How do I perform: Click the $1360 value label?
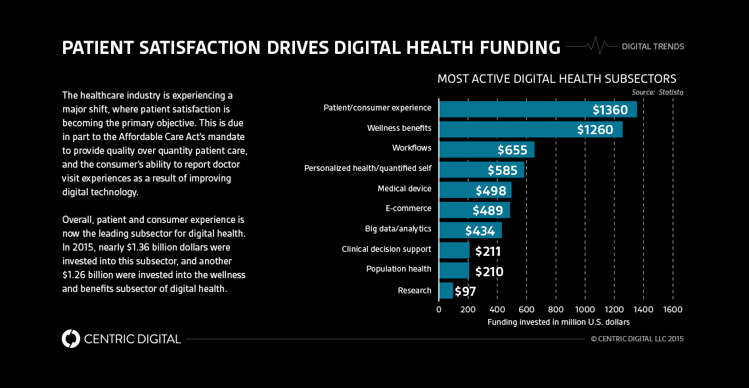[x=610, y=110]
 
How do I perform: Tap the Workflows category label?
[x=411, y=148]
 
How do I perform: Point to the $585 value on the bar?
[x=505, y=170]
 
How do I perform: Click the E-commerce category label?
[x=408, y=208]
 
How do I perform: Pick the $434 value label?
[x=480, y=231]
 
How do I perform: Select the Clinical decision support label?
[x=386, y=249]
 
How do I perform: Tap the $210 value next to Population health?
[x=488, y=271]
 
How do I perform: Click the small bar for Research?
[x=445, y=291]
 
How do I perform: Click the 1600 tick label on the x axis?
[x=673, y=309]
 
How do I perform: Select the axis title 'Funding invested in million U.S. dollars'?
[x=558, y=322]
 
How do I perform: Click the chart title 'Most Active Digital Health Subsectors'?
[x=556, y=79]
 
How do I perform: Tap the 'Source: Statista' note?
[x=657, y=92]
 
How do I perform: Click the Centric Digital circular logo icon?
[x=70, y=339]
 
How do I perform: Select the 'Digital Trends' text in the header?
[x=652, y=47]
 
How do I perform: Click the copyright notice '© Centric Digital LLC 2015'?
[x=637, y=339]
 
